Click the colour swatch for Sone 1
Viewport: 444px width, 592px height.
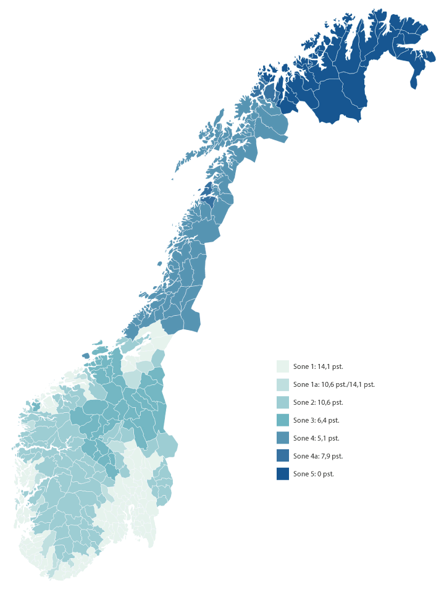(283, 366)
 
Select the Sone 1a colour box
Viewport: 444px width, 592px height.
(283, 384)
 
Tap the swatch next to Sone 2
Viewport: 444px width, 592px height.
(283, 402)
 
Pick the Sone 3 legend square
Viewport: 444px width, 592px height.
(283, 420)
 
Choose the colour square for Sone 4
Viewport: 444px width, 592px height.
(283, 438)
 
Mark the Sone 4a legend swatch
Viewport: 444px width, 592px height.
(283, 456)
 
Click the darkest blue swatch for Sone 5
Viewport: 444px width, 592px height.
(283, 474)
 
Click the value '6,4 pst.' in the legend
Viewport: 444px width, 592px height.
(328, 420)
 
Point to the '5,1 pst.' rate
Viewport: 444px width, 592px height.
(328, 438)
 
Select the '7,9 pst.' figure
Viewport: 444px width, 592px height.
(331, 456)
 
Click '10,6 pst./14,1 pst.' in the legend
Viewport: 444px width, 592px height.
(348, 384)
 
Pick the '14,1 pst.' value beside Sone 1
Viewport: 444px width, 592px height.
(330, 366)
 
